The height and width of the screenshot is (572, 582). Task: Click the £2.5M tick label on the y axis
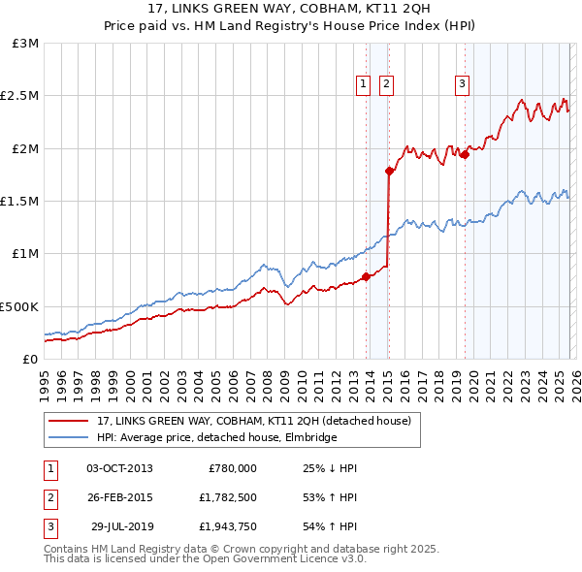[18, 96]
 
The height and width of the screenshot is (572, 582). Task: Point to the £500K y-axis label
[18, 306]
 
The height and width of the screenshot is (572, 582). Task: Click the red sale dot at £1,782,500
[389, 172]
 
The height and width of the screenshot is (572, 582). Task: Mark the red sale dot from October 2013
[366, 276]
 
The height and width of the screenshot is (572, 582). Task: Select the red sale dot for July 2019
[465, 154]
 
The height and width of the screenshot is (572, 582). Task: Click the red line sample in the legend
[69, 422]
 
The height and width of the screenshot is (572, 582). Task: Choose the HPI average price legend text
[216, 438]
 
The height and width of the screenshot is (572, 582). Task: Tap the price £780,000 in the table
[232, 468]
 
